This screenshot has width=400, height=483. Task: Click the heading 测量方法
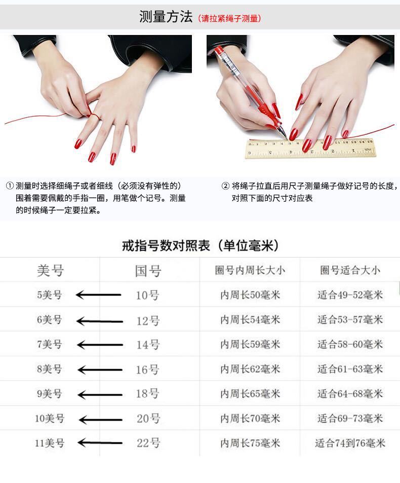166,17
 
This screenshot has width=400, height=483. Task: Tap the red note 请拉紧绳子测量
229,19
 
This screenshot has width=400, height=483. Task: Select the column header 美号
50,270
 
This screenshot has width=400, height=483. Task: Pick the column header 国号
148,271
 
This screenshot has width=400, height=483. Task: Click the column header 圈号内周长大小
250,270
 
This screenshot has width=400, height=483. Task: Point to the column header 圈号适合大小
349,270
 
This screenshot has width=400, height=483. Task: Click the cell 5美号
49,294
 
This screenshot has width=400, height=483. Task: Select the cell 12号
148,320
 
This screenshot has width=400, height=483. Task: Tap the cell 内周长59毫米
250,345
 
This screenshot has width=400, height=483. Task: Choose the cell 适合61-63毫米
350,369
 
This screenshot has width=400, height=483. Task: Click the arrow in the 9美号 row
100,394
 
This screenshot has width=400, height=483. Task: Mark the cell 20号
148,419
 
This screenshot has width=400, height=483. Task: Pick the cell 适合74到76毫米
350,443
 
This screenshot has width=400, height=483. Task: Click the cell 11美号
50,443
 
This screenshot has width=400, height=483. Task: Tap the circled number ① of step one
10,185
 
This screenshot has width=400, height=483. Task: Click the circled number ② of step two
226,185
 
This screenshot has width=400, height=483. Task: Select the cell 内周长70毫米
250,419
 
